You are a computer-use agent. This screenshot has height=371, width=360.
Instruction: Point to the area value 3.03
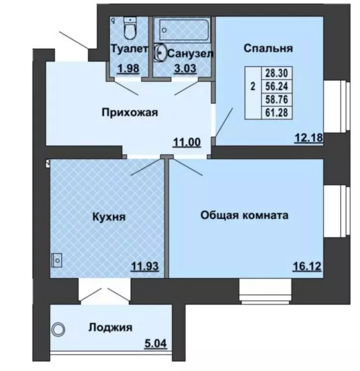coord(185,68)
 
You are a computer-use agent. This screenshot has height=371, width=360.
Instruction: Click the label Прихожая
coord(130,113)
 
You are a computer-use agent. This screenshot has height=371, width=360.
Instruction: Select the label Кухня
coord(109,217)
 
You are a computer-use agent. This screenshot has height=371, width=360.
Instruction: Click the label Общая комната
coord(245,215)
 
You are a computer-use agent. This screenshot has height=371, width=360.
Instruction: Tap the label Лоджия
coord(111,328)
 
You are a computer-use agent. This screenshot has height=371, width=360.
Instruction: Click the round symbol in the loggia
coord(58,329)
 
